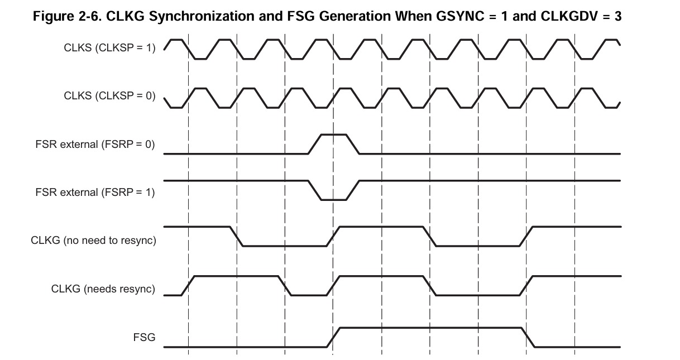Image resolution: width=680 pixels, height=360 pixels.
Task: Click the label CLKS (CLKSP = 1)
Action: click(109, 48)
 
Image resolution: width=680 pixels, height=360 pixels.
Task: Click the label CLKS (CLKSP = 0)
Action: click(109, 96)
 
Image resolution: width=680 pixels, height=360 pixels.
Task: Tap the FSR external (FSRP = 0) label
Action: click(95, 145)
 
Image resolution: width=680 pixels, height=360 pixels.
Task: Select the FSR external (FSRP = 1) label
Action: click(95, 193)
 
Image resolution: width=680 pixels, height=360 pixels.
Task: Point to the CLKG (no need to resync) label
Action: click(93, 241)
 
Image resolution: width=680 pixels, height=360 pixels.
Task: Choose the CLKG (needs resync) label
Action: click(103, 289)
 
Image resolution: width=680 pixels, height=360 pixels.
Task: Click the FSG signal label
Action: click(144, 337)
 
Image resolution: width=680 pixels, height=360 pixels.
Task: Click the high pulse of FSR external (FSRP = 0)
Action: click(333, 135)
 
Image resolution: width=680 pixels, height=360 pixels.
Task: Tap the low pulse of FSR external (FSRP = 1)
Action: click(333, 199)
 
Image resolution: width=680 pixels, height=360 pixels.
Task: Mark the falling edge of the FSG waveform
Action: click(528, 337)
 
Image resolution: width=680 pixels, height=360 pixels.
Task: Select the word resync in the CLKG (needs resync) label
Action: click(136, 289)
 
